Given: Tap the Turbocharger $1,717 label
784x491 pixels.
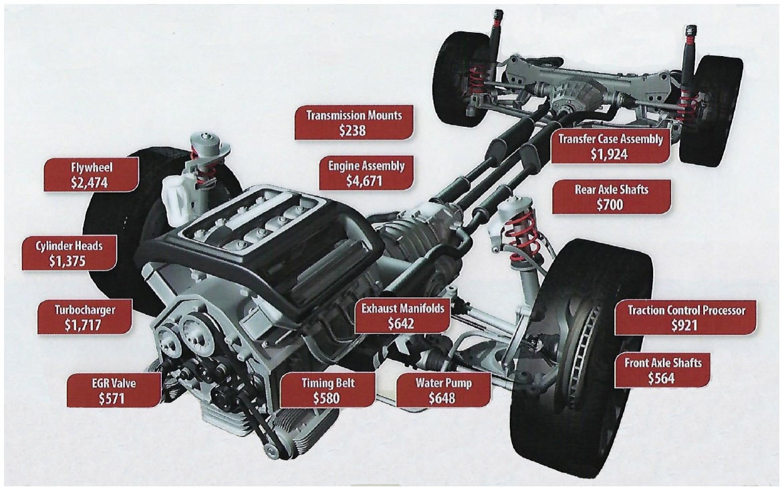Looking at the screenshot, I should click(x=85, y=317).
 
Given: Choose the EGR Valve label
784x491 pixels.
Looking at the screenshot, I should click(x=114, y=391).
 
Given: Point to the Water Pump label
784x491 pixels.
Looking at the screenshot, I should click(x=443, y=391).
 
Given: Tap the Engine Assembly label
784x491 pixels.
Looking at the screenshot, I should click(x=366, y=172).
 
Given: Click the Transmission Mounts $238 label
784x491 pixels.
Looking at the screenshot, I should click(x=354, y=123).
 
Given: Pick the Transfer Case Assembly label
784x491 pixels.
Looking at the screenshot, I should click(x=611, y=146).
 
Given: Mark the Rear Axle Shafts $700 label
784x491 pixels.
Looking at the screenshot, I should click(x=611, y=197).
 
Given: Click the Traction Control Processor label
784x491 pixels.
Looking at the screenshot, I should click(x=685, y=317).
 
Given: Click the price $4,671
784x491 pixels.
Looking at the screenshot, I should click(x=366, y=180).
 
